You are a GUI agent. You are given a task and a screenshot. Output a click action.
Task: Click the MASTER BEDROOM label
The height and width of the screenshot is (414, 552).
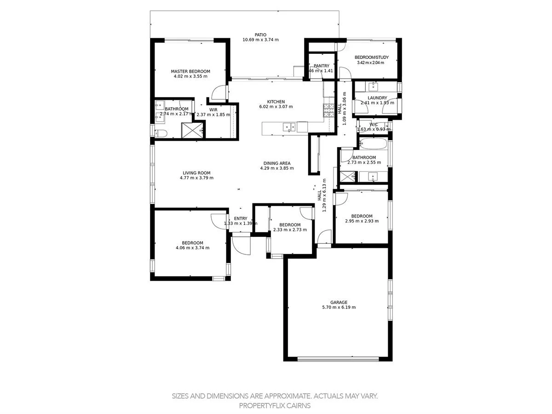[190, 71]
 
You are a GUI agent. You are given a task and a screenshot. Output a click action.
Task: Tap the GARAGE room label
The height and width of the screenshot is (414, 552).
[339, 302]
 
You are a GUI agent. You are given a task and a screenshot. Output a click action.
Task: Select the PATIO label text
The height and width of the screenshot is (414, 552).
[260, 34]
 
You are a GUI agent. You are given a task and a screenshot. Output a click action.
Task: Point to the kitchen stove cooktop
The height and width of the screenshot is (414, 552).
[329, 111]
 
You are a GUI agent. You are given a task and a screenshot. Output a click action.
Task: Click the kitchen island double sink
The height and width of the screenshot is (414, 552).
[289, 127]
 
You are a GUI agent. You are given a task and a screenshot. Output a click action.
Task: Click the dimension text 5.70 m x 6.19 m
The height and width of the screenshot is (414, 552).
[339, 307]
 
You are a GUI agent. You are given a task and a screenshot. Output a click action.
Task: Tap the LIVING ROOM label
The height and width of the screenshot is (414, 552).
[196, 173]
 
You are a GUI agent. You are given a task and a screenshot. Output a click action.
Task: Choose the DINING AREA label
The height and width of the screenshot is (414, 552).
[277, 163]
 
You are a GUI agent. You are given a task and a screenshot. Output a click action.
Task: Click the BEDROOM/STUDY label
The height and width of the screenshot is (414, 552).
[372, 57]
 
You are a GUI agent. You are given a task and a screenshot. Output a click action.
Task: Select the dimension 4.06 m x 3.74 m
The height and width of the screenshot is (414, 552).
[192, 247]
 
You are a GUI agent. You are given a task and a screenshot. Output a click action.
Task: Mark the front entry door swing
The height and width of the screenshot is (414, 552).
[241, 244]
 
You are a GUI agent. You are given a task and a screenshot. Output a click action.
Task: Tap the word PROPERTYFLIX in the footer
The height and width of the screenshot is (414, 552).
[260, 406]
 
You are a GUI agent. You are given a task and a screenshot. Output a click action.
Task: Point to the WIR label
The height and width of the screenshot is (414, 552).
[213, 109]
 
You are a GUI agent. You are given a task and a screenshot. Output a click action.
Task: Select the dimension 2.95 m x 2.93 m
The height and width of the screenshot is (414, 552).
[362, 221]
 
